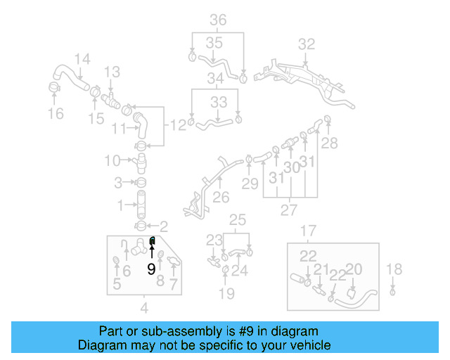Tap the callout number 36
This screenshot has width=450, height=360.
218,20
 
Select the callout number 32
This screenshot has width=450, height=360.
306,44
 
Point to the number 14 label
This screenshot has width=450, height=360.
82,59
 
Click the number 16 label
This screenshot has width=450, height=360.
55,113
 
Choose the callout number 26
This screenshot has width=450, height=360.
221,198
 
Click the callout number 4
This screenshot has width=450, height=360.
144,307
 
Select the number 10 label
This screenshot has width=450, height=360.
112,161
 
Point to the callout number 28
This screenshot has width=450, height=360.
329,143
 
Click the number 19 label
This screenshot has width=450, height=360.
226,293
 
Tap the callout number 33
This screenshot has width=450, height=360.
219,102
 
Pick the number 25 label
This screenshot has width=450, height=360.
238,219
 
